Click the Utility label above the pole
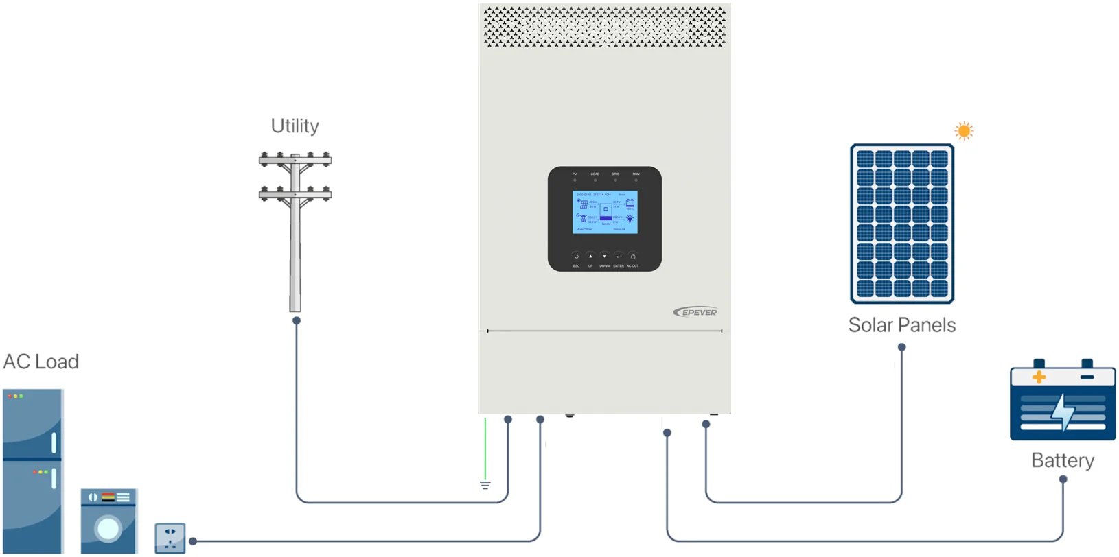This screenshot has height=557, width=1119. click(295, 126)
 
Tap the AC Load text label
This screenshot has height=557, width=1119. click(41, 362)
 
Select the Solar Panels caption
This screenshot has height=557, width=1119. click(901, 325)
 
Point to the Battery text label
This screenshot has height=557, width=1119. click(1062, 460)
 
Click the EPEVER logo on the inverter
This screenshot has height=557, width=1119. click(695, 312)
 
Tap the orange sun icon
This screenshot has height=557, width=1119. click(964, 131)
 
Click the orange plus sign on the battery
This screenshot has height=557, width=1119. click(1039, 377)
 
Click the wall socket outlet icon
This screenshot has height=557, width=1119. click(170, 538)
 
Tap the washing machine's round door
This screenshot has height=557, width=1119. click(108, 529)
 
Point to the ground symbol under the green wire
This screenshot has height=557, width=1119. click(485, 486)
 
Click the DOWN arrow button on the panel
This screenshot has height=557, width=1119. click(604, 257)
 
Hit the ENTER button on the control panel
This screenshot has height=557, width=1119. click(619, 257)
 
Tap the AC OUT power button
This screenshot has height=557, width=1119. click(633, 257)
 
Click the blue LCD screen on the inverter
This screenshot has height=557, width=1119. click(605, 212)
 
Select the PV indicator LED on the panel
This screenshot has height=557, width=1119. click(575, 180)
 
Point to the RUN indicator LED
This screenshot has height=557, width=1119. click(636, 180)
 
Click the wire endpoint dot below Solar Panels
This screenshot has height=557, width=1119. click(901, 347)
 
